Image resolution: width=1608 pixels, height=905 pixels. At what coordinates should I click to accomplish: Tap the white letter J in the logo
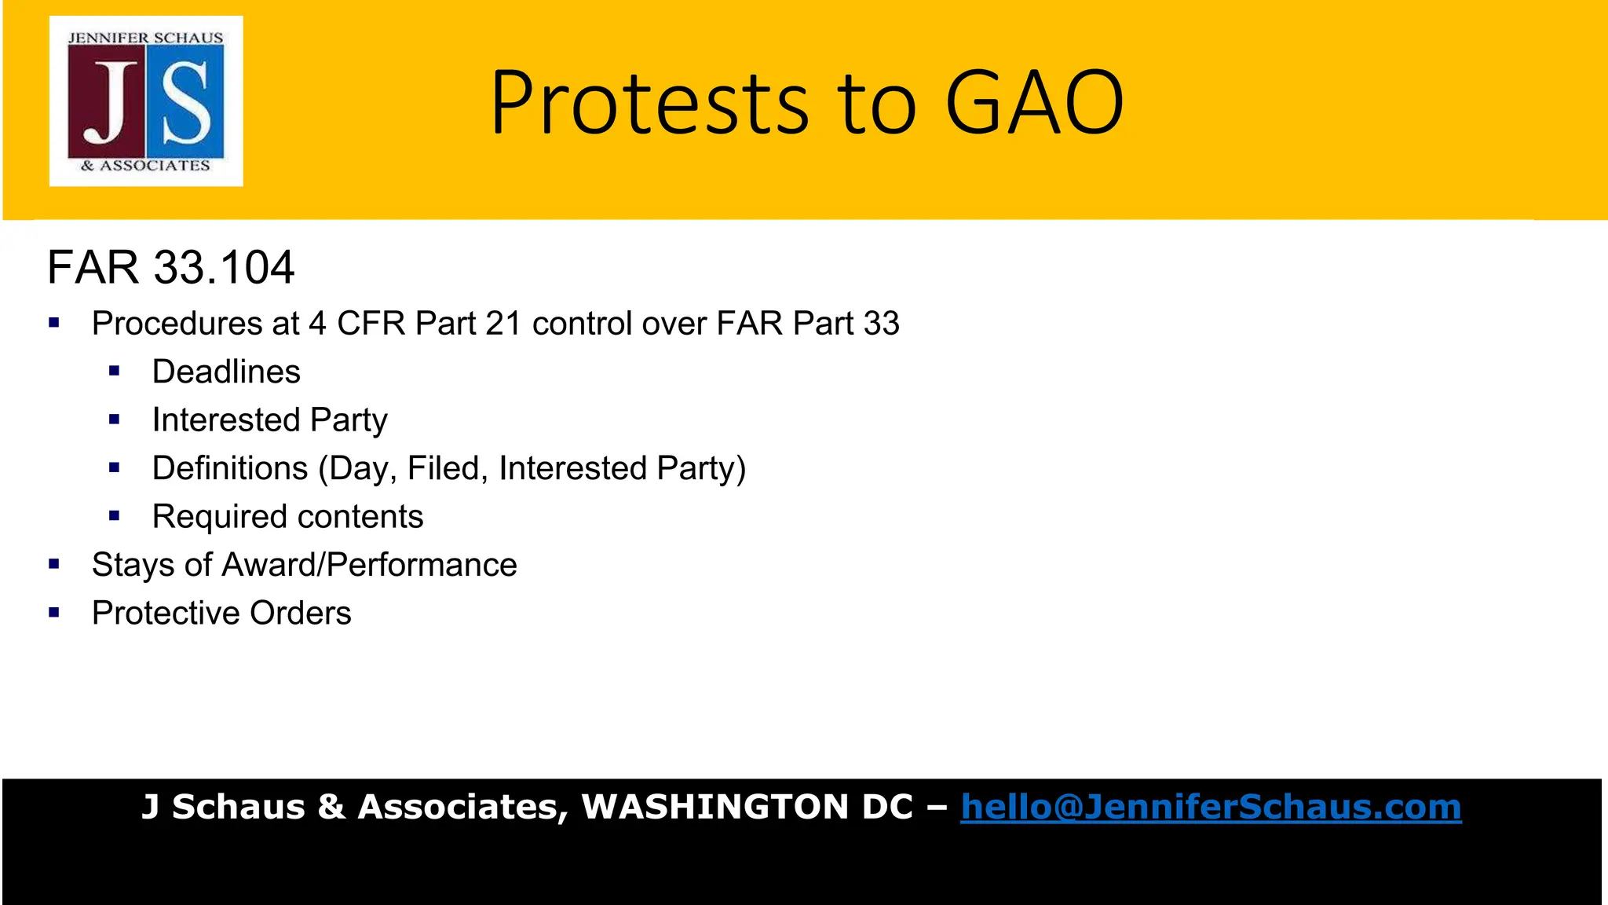[x=107, y=103]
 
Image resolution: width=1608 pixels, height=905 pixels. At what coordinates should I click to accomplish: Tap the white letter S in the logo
[x=186, y=103]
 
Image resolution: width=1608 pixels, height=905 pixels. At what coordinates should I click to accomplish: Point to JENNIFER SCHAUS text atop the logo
[x=145, y=38]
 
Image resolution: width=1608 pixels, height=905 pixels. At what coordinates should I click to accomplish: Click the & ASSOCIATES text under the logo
[x=145, y=166]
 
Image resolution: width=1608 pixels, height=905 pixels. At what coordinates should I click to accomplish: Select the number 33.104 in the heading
[x=224, y=267]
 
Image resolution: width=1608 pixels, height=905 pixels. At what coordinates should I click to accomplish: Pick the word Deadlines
[x=226, y=372]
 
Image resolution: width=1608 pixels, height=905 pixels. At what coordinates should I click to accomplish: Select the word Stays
[x=133, y=565]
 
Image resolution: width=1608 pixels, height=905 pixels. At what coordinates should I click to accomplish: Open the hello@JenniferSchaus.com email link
[x=1211, y=807]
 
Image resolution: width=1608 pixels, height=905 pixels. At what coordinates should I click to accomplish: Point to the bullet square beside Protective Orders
[x=54, y=613]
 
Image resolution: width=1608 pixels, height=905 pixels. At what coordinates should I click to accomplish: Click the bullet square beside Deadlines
[x=115, y=371]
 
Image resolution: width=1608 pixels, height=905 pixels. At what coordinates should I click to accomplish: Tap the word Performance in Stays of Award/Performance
[x=422, y=565]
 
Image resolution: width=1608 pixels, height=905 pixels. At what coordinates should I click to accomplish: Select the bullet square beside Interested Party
[x=115, y=420]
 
